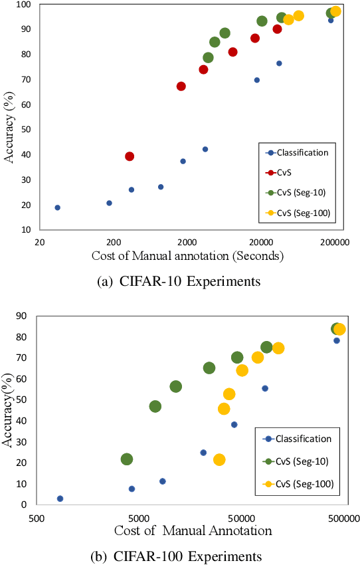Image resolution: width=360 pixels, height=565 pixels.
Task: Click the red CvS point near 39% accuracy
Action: tap(130, 156)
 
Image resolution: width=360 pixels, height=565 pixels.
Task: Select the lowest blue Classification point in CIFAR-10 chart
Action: tap(57, 207)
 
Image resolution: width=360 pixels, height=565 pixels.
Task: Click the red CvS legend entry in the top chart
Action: tap(286, 172)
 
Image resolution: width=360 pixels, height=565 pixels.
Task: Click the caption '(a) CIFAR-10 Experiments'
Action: tap(179, 282)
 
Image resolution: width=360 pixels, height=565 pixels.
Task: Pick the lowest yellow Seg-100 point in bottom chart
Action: tap(219, 459)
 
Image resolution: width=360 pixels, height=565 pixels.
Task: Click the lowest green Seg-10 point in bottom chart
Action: tap(127, 459)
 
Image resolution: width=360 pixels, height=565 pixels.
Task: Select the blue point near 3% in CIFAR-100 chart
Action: tap(60, 499)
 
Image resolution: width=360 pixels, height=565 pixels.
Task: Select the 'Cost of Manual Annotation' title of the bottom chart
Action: tap(193, 530)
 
